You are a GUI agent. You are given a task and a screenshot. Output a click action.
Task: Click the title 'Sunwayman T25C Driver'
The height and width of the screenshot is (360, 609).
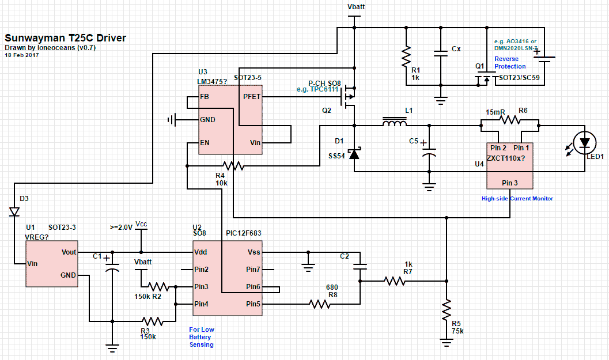point(65,39)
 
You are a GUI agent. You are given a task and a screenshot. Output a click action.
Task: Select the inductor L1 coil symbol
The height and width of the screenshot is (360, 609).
point(394,123)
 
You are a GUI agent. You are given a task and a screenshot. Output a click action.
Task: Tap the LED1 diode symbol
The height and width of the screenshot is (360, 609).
point(585,142)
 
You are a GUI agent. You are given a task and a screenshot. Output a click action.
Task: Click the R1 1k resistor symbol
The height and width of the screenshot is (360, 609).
point(406,56)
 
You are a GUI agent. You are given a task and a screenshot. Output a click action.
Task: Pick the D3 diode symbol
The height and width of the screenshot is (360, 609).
point(14,211)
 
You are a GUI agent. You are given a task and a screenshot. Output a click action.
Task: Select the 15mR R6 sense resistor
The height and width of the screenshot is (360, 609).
point(509,120)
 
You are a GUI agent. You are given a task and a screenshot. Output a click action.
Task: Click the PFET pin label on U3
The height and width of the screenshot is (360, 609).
point(252,97)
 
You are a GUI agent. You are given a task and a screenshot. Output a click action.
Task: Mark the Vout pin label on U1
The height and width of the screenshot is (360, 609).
point(69,252)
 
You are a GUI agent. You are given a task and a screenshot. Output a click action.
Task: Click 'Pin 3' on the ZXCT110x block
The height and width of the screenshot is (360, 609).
point(510,183)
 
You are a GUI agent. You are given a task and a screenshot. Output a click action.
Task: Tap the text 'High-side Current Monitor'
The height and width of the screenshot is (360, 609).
point(517,199)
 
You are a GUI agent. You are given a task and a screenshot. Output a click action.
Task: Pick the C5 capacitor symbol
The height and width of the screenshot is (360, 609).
point(429,153)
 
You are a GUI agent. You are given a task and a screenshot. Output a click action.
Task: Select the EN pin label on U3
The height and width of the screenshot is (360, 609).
point(205,142)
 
